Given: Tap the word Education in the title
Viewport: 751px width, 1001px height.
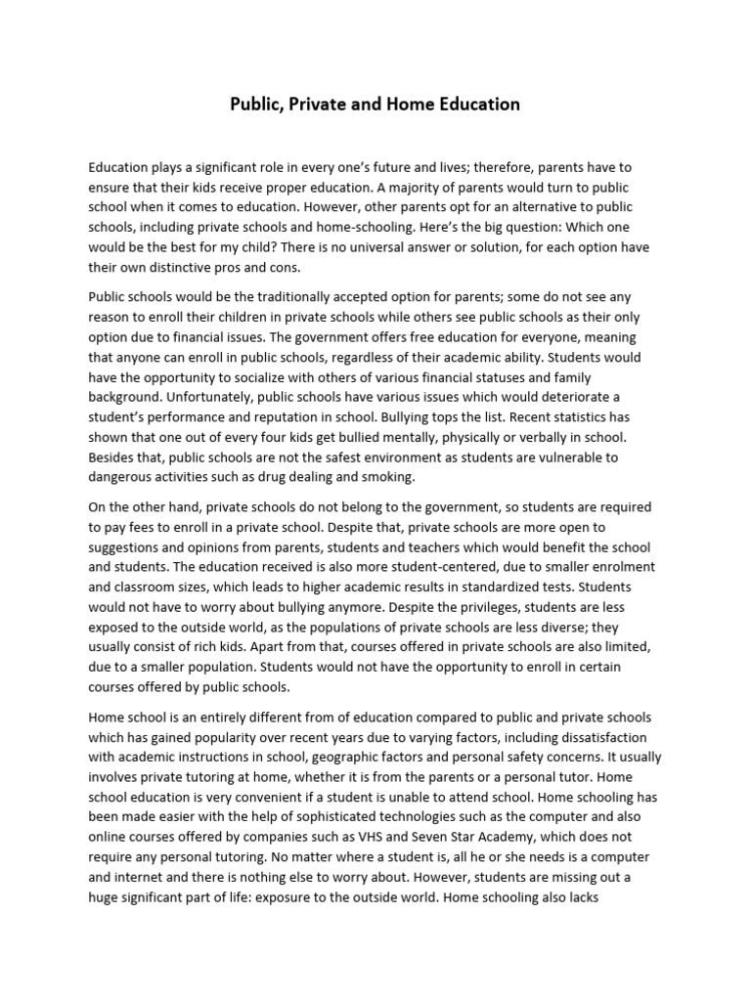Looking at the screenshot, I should coord(472,104).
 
